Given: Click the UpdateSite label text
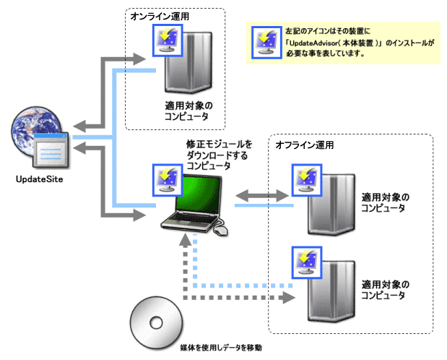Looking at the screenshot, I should (x=36, y=178).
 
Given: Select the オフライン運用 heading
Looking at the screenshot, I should (x=305, y=145).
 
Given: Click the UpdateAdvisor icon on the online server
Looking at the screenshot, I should (x=167, y=40).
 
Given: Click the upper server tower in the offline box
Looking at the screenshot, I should (x=330, y=206).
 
